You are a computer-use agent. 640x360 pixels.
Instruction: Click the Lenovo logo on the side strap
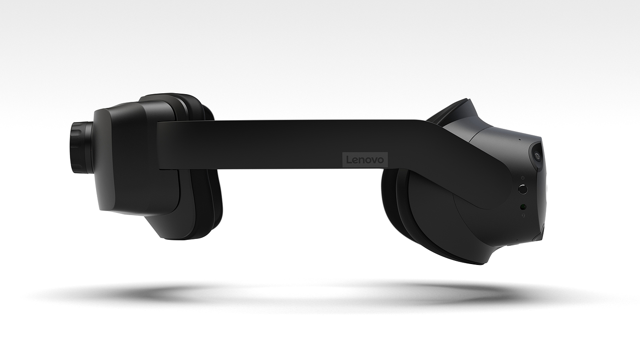pos(365,159)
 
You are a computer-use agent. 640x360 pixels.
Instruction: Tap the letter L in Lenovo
pos(348,159)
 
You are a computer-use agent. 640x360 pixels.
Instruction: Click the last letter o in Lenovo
pos(380,160)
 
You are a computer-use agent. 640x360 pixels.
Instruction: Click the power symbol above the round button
pos(523,178)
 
